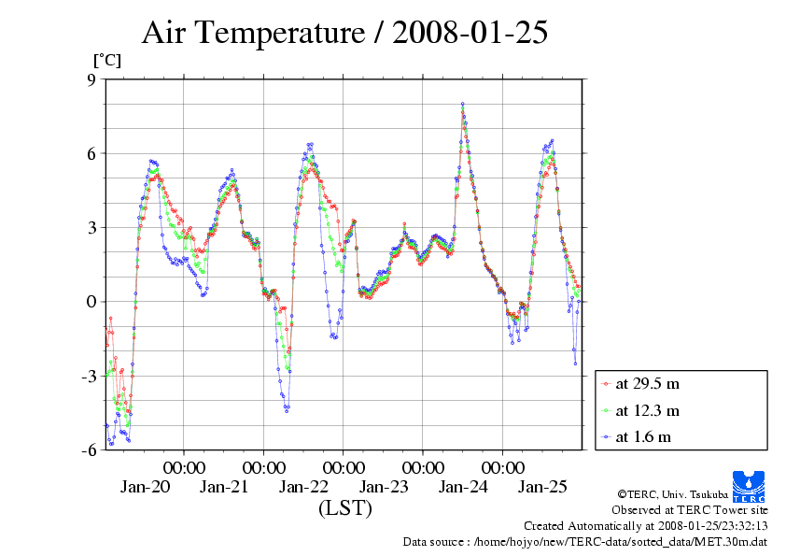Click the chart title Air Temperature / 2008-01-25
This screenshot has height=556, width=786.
[344, 33]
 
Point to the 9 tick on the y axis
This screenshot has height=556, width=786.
[91, 79]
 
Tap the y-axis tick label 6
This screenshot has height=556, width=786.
[91, 153]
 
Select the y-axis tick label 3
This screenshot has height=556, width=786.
[91, 227]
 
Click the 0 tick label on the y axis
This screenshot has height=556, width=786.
[91, 301]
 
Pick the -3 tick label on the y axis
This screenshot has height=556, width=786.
[88, 376]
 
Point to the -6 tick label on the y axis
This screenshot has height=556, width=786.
[88, 449]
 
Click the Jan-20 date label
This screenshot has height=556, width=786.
[145, 487]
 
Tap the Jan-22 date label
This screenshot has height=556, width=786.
[303, 487]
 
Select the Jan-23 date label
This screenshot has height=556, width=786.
[384, 487]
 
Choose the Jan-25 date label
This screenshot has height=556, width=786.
[543, 487]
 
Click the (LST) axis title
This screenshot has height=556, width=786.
[344, 509]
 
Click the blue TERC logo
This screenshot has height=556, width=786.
[750, 484]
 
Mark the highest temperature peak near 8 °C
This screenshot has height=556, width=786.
[462, 104]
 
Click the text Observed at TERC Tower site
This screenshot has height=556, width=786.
[689, 510]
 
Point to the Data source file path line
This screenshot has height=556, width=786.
[584, 541]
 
